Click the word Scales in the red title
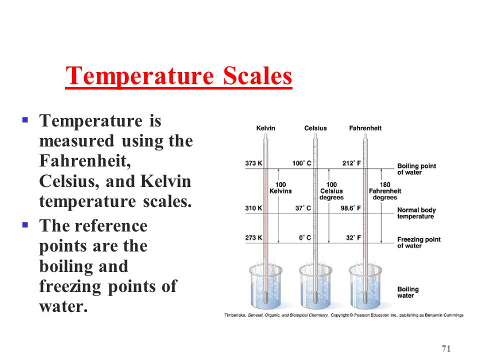(x=257, y=75)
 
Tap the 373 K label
(x=253, y=163)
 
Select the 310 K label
(x=253, y=208)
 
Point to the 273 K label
(x=253, y=237)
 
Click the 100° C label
(x=301, y=163)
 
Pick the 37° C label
(x=303, y=208)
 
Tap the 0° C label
(x=305, y=237)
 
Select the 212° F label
(x=351, y=163)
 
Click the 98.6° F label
(x=351, y=208)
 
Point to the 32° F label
(x=353, y=237)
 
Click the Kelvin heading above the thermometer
(x=265, y=128)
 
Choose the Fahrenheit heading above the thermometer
(x=365, y=128)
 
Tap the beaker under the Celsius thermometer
(x=315, y=286)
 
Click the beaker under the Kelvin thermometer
(x=265, y=286)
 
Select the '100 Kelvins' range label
(x=280, y=187)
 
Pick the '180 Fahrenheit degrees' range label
(x=385, y=191)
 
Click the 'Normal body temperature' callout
(x=416, y=213)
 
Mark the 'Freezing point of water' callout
(x=419, y=242)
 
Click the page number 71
(x=446, y=348)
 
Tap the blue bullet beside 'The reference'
(x=25, y=225)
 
